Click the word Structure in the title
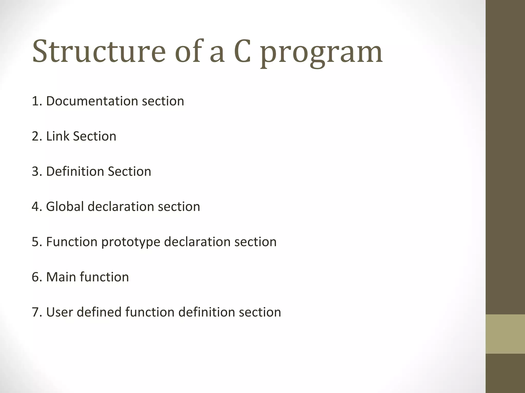[x=99, y=51]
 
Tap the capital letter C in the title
[x=242, y=51]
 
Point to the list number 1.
[x=36, y=101]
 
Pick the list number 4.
[x=36, y=206]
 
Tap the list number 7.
[x=36, y=312]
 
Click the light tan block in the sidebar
[x=505, y=334]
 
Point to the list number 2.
[x=36, y=136]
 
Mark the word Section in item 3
[x=129, y=171]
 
